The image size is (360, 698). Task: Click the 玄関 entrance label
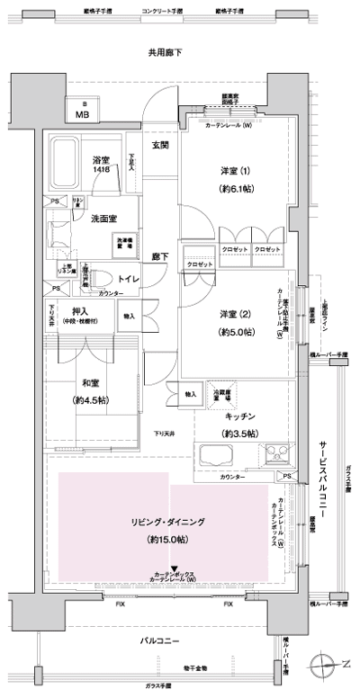point(160,146)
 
